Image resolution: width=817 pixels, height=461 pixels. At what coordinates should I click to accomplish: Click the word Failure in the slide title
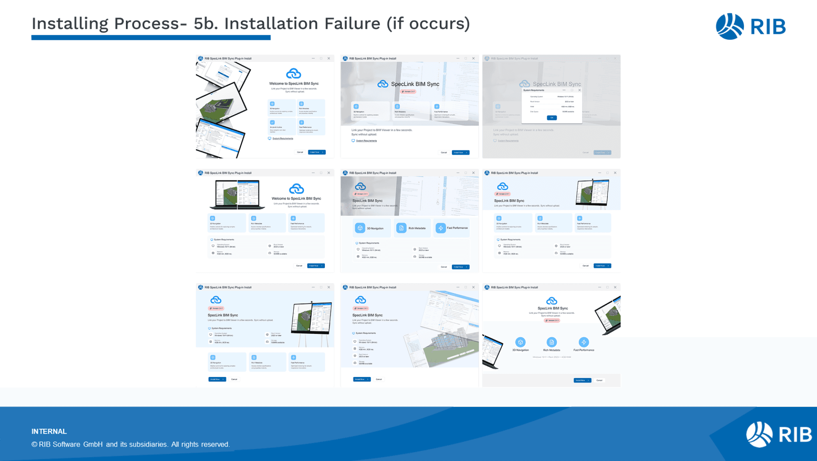click(x=352, y=23)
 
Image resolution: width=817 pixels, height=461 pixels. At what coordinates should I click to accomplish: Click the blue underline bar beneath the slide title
click(x=151, y=38)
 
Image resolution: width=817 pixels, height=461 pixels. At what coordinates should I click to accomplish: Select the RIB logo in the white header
click(x=750, y=27)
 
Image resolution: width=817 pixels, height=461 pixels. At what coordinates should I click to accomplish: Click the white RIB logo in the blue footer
click(x=778, y=434)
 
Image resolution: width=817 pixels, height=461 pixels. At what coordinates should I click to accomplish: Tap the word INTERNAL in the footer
click(x=49, y=431)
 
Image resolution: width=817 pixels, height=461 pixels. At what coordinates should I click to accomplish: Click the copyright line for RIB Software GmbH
click(x=130, y=444)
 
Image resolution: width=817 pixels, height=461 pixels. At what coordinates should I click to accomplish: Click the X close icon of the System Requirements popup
click(x=580, y=90)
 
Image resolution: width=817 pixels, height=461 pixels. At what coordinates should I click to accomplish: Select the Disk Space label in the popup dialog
click(x=534, y=112)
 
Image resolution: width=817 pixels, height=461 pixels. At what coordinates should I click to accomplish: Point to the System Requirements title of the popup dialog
click(x=534, y=90)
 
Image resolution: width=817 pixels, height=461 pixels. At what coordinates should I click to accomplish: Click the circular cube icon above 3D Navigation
click(x=520, y=342)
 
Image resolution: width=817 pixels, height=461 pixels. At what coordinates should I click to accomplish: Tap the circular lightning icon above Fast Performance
click(x=584, y=342)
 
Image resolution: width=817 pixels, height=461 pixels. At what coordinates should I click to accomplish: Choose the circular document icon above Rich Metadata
click(x=552, y=342)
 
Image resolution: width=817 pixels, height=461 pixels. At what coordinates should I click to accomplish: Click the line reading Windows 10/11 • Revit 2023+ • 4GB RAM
click(x=552, y=357)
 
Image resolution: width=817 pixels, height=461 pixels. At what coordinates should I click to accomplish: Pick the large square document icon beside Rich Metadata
click(x=401, y=228)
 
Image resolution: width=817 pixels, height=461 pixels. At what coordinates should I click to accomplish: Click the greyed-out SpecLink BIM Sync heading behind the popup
click(x=557, y=84)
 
